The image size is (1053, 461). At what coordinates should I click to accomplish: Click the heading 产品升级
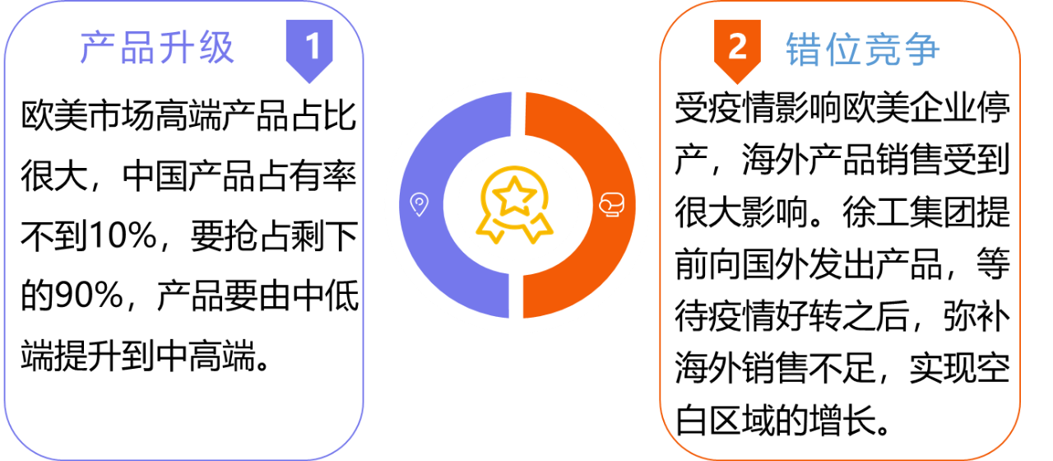coord(157,48)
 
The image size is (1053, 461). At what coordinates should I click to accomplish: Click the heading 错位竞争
coord(863,49)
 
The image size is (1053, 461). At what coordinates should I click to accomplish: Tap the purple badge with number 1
coord(309,51)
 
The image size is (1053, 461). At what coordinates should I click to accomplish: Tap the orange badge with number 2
coord(737,51)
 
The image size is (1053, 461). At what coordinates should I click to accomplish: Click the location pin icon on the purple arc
coord(420,205)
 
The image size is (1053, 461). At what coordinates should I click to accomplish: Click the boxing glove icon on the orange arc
coord(611,205)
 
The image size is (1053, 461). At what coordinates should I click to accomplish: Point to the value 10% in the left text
coord(123,235)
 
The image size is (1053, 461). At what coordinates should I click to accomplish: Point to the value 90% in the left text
coord(89,296)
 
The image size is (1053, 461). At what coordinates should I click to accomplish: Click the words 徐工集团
coord(909,212)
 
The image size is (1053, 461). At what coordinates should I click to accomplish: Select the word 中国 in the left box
coord(155,176)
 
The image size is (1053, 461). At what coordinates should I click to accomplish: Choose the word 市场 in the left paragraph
coord(104,116)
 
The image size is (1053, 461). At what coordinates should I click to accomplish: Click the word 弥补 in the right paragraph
coord(976,317)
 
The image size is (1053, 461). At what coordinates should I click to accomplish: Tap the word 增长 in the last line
coord(842,420)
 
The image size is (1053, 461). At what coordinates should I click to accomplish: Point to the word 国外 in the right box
coord(776,264)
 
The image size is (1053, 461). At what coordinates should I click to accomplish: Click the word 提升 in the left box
coord(88,355)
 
